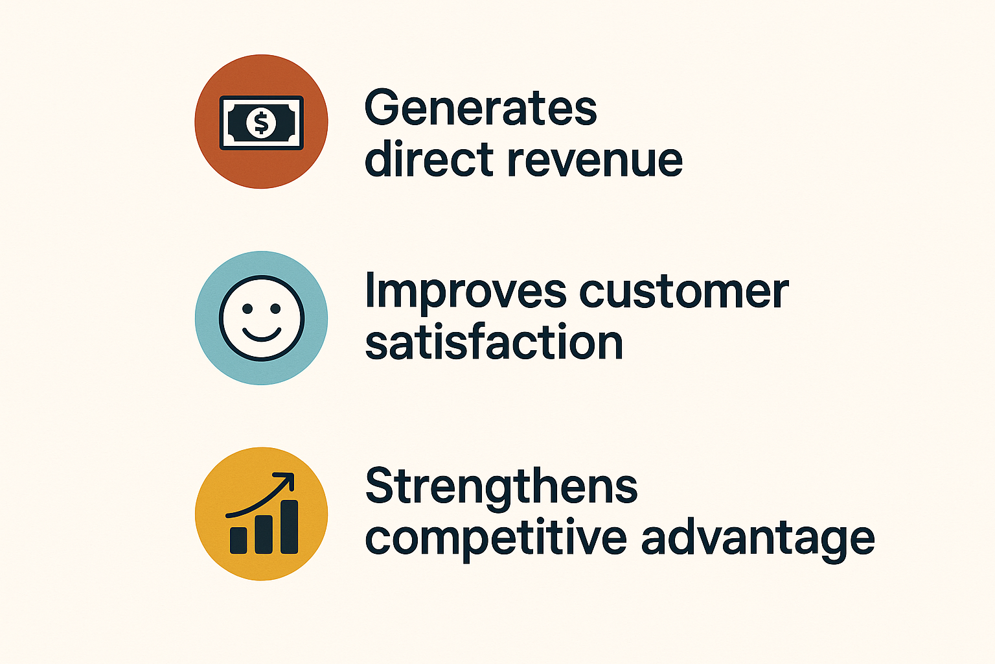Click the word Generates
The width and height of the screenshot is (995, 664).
(481, 107)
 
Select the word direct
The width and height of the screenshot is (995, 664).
(429, 158)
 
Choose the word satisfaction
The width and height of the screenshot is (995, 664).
(494, 340)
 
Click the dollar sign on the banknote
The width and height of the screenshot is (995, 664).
(261, 123)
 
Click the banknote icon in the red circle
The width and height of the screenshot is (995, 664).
(262, 123)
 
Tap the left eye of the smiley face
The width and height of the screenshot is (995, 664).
(247, 309)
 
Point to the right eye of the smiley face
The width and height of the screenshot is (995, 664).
(275, 309)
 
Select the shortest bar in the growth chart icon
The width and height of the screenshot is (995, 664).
(238, 540)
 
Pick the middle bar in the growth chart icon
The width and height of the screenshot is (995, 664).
(264, 534)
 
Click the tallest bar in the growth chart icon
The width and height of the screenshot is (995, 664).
(290, 527)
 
